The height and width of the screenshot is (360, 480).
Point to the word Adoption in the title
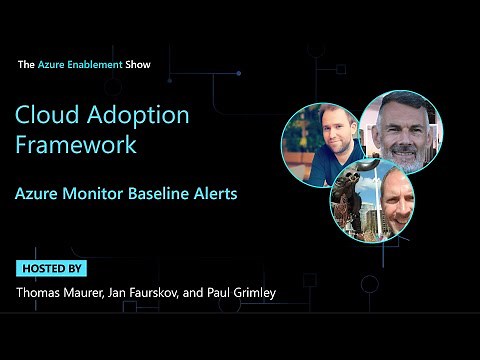point(134,115)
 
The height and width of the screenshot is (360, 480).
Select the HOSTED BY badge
point(52,268)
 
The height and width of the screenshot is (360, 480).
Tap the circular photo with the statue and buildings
point(371,201)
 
